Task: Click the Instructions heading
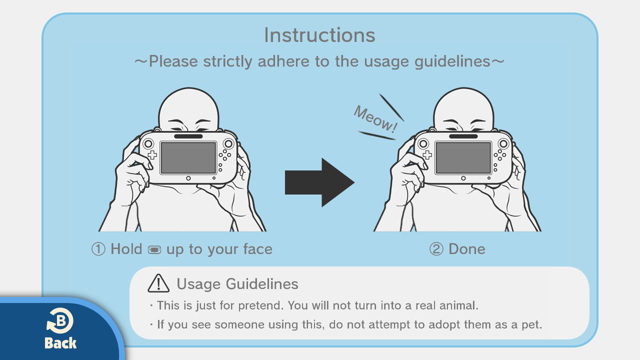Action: click(x=319, y=35)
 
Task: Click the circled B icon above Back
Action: click(x=60, y=320)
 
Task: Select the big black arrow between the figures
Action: click(x=319, y=182)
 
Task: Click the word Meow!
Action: click(x=375, y=119)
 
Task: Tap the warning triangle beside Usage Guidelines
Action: click(x=158, y=283)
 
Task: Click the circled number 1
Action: click(x=98, y=249)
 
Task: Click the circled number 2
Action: click(x=436, y=249)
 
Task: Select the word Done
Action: click(x=467, y=249)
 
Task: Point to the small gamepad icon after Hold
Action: click(x=154, y=249)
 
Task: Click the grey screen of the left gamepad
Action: click(x=188, y=157)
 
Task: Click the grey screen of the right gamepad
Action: click(x=463, y=157)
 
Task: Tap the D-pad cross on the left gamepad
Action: click(x=152, y=155)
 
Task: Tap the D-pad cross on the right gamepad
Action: click(x=427, y=155)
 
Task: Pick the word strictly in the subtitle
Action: click(x=227, y=61)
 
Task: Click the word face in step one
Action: click(x=257, y=249)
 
